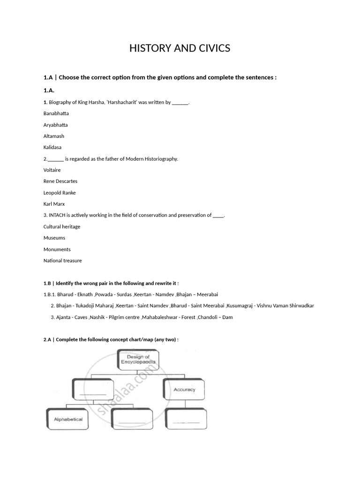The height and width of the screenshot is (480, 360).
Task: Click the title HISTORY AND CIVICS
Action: click(180, 48)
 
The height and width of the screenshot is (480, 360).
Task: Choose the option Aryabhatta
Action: click(56, 125)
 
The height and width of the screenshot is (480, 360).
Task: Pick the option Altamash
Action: click(54, 136)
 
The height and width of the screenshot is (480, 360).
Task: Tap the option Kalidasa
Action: click(52, 147)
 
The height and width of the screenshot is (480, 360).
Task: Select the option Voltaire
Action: click(52, 170)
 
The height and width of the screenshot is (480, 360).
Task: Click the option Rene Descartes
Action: click(60, 181)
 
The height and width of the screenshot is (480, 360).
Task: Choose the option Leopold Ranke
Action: click(60, 193)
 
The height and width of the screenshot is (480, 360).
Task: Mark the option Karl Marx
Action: click(54, 204)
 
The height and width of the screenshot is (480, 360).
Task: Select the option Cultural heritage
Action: click(62, 227)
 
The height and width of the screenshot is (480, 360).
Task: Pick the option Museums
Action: click(54, 238)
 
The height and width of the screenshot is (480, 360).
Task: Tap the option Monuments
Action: click(57, 249)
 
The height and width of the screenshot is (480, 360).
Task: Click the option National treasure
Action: click(62, 261)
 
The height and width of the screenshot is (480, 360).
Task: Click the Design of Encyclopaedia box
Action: click(138, 360)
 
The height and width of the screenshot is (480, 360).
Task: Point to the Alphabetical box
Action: click(68, 419)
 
